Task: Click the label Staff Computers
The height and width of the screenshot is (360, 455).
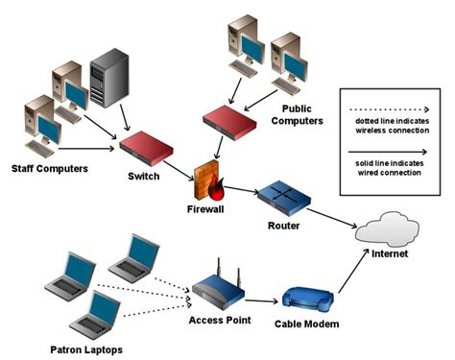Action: click(x=49, y=170)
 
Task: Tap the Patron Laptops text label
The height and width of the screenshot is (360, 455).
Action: click(x=83, y=348)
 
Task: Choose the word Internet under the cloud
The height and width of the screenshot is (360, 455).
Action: click(x=388, y=254)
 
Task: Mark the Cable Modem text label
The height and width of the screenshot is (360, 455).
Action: click(x=306, y=325)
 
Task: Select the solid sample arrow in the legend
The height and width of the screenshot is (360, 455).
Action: click(x=389, y=153)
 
